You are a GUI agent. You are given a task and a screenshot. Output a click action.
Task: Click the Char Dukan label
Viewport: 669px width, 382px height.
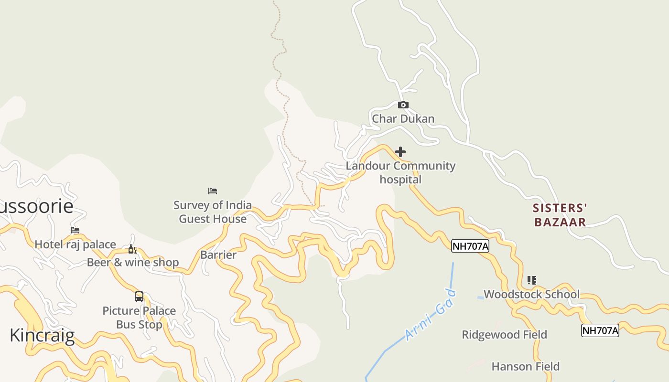[x=403, y=118]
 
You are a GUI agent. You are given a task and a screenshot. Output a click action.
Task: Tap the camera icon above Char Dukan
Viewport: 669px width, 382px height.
[x=403, y=105]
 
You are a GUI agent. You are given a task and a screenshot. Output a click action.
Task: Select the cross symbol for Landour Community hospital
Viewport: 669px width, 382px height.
[x=400, y=152]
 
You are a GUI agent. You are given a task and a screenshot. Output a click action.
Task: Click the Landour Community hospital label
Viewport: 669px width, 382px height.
[x=400, y=172]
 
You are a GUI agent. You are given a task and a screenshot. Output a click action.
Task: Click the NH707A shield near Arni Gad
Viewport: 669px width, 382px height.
[x=470, y=246]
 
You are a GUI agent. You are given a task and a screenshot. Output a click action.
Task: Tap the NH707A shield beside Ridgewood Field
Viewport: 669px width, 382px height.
[x=600, y=330]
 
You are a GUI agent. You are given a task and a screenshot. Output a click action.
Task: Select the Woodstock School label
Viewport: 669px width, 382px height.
[x=531, y=294]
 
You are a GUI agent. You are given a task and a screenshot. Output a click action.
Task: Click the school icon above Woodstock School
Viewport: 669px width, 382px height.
[x=531, y=280]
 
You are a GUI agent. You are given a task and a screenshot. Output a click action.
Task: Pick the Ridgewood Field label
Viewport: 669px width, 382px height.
[x=504, y=335]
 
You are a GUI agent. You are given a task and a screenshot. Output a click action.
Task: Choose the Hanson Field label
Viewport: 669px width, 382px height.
[x=525, y=367]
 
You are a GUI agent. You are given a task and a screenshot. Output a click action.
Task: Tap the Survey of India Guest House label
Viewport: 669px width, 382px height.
[x=213, y=212]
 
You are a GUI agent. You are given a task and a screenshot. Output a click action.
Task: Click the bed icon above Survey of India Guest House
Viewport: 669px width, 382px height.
[x=213, y=191]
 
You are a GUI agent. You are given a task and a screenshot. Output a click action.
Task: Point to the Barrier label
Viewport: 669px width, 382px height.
[x=218, y=255]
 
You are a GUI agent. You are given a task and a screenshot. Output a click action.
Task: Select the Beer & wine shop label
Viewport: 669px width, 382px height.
[x=133, y=263]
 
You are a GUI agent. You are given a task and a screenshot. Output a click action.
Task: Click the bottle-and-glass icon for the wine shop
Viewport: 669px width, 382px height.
[x=132, y=249]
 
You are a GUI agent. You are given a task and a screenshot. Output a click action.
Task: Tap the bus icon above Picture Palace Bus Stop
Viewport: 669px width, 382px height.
[x=139, y=297]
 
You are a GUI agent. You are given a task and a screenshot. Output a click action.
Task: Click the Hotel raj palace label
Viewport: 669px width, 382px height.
[x=75, y=244]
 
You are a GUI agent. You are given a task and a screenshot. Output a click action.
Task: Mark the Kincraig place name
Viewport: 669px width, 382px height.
[x=42, y=335]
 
